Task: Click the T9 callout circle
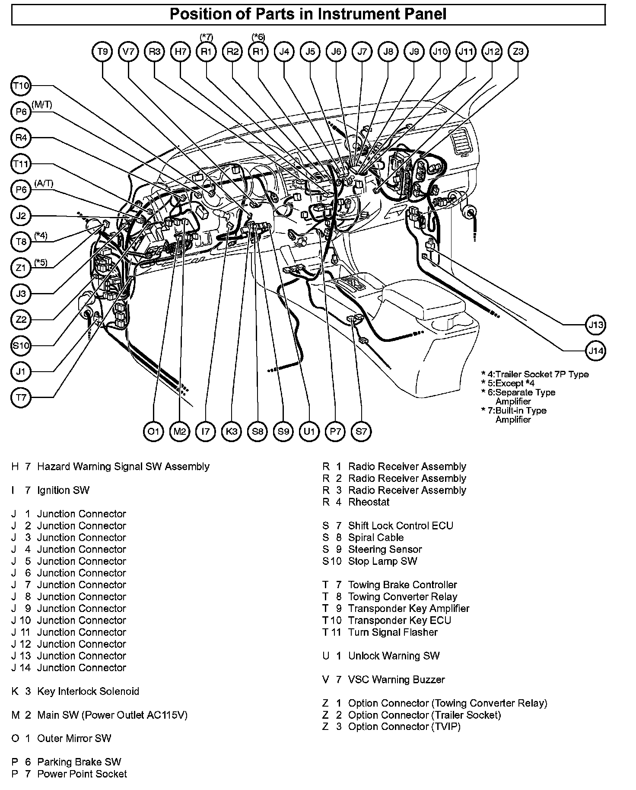pyautogui.click(x=102, y=52)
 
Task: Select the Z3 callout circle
pyautogui.click(x=518, y=52)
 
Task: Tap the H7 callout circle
pyautogui.click(x=180, y=52)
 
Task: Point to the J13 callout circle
pyautogui.click(x=596, y=325)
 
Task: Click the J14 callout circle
pyautogui.click(x=596, y=350)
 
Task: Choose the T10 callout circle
pyautogui.click(x=21, y=86)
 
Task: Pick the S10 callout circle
pyautogui.click(x=21, y=346)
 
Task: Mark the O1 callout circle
pyautogui.click(x=153, y=431)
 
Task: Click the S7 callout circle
pyautogui.click(x=361, y=431)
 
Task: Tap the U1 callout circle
pyautogui.click(x=309, y=431)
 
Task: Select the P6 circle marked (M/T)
pyautogui.click(x=21, y=112)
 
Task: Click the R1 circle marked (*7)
pyautogui.click(x=206, y=52)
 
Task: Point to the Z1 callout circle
pyautogui.click(x=21, y=268)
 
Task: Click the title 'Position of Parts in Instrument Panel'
pyautogui.click(x=308, y=14)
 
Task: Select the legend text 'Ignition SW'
pyautogui.click(x=63, y=491)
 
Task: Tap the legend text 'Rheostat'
pyautogui.click(x=369, y=502)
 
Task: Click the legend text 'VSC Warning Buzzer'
pyautogui.click(x=396, y=680)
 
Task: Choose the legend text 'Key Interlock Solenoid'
pyautogui.click(x=88, y=691)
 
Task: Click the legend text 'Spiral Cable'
pyautogui.click(x=375, y=538)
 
